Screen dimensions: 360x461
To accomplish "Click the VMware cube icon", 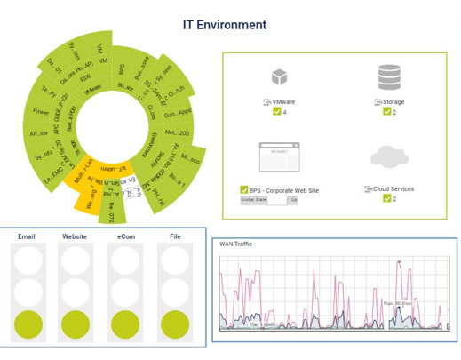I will (x=280, y=78).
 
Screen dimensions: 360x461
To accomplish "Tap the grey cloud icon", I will (x=388, y=157).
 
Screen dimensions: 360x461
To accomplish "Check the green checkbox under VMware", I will (x=278, y=112).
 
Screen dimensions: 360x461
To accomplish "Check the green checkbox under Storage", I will (x=387, y=112).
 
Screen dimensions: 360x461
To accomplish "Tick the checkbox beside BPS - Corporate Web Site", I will (x=244, y=189).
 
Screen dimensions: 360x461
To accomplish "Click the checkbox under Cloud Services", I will (x=387, y=198).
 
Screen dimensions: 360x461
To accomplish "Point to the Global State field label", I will (x=254, y=200).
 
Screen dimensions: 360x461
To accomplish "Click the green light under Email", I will (x=27, y=324).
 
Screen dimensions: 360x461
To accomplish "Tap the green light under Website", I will (x=75, y=324).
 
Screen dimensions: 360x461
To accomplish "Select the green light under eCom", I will (x=124, y=324).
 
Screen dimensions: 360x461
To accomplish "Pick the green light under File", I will (x=174, y=324).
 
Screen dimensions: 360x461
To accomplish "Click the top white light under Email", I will (x=27, y=260).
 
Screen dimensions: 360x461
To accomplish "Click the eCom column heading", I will (x=124, y=237).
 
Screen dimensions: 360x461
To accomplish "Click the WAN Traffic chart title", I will (x=237, y=243).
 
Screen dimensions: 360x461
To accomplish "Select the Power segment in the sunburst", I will (x=41, y=112).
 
